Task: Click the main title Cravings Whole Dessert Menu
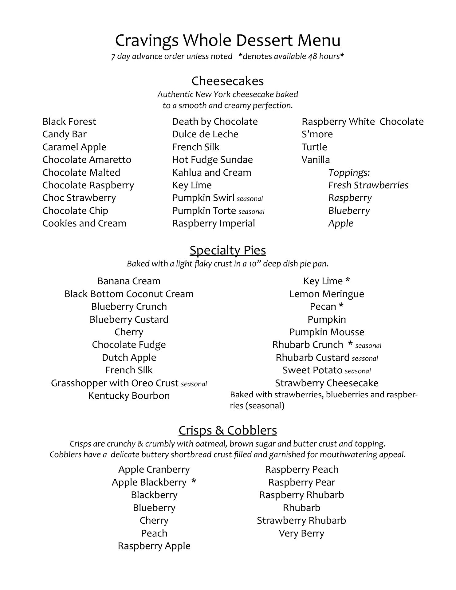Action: click(228, 40)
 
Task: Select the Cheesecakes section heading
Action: click(228, 81)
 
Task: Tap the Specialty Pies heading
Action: click(228, 250)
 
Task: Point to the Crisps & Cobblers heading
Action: click(228, 431)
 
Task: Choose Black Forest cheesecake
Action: click(69, 122)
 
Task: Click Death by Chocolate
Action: click(215, 122)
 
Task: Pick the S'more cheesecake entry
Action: click(317, 134)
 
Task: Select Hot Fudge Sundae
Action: click(212, 160)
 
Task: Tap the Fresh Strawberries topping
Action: click(368, 185)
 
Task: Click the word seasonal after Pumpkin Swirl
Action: click(250, 199)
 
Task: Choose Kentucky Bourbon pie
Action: click(129, 396)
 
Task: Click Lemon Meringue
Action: click(327, 294)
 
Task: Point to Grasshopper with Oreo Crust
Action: click(115, 383)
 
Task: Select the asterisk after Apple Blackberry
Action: click(194, 482)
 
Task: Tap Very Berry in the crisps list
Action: click(301, 533)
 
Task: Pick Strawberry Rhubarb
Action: click(301, 521)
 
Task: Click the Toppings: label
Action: click(349, 173)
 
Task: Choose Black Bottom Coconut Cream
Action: click(129, 294)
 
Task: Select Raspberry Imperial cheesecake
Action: click(213, 223)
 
